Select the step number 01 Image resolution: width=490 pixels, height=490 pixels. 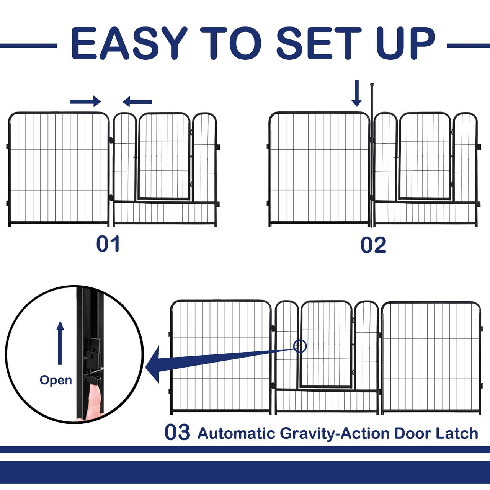[x=108, y=244]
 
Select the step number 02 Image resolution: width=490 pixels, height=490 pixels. [x=373, y=245]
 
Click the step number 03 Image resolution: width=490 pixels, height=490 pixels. [x=177, y=432]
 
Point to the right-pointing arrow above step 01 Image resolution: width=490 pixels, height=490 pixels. [x=85, y=102]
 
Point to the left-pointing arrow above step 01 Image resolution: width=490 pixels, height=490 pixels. [x=137, y=102]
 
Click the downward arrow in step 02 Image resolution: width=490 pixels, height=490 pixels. [x=356, y=93]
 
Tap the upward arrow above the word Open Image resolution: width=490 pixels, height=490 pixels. [x=60, y=343]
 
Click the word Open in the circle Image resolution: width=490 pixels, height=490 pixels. [x=56, y=381]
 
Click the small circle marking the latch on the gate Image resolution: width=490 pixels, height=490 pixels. [x=300, y=346]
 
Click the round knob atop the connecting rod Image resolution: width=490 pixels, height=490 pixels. [x=372, y=85]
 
